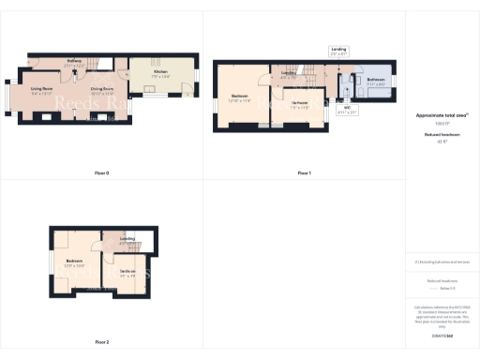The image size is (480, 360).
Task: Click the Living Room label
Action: click(42, 91)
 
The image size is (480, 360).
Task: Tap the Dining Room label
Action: click(102, 91)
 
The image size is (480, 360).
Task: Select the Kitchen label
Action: click(162, 74)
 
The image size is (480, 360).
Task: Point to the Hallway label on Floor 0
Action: click(75, 63)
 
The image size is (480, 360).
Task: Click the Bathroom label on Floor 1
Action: click(376, 82)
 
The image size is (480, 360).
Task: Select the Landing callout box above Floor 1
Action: click(339, 50)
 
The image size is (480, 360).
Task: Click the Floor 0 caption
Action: click(102, 173)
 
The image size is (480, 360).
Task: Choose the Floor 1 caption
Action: click(304, 173)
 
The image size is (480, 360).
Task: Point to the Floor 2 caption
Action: click(102, 342)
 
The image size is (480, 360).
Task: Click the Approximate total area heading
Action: click(442, 115)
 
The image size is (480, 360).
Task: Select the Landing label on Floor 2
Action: click(127, 241)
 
